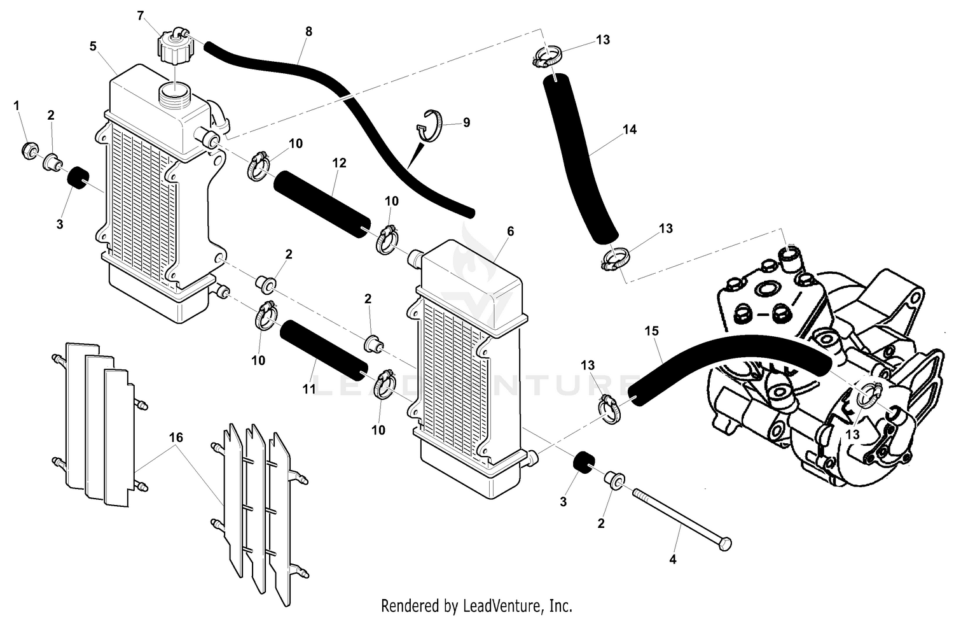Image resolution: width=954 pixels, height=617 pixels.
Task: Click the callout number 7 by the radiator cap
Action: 141,16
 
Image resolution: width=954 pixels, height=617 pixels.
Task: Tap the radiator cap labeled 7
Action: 172,46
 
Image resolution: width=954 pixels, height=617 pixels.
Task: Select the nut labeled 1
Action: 29,151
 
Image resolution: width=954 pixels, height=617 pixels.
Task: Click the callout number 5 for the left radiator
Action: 93,46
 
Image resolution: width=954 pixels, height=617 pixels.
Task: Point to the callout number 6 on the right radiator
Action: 510,231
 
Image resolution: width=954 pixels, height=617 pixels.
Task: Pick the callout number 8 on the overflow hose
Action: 308,31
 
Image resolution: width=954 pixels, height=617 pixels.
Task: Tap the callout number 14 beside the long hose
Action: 629,129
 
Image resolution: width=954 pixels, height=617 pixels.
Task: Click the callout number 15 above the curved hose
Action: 651,331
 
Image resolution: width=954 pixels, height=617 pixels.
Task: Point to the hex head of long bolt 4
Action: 724,544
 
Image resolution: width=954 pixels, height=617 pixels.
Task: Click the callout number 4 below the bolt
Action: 673,560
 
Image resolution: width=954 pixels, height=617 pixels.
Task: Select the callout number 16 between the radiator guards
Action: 176,437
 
